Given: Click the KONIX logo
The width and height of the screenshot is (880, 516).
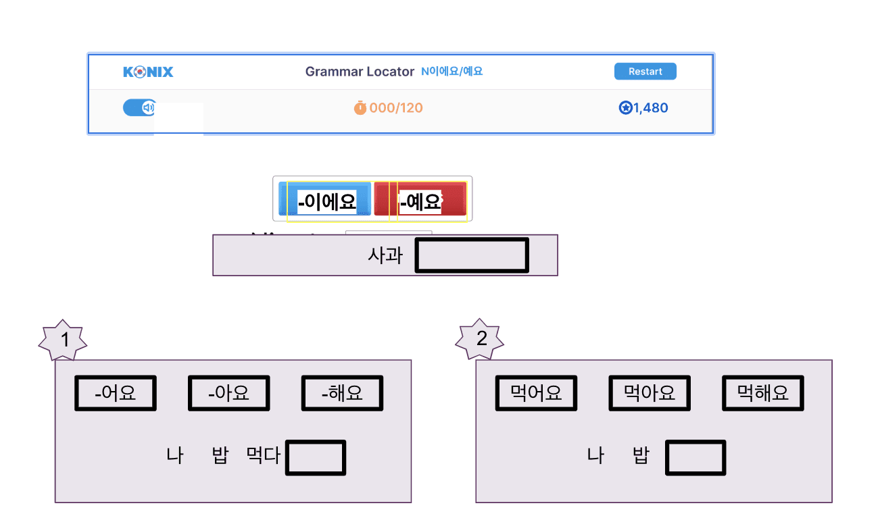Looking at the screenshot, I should (x=148, y=72).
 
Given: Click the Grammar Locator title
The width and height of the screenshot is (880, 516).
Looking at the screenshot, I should (x=360, y=72).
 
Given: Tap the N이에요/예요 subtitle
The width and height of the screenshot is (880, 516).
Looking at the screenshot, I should (x=452, y=72).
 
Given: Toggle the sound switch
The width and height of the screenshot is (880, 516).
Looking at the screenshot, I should (x=139, y=107).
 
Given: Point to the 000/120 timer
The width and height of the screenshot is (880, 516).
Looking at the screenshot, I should (x=389, y=108).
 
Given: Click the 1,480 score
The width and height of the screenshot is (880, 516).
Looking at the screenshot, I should (x=643, y=108).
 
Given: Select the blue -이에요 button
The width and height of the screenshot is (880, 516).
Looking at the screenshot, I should (x=325, y=201).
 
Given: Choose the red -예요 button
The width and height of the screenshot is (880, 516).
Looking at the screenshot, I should (x=421, y=201).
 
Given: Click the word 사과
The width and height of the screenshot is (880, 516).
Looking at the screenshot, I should (x=385, y=255).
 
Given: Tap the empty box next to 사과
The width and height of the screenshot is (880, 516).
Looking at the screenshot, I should (x=471, y=256).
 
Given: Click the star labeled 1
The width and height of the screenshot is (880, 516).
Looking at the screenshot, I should (x=64, y=340).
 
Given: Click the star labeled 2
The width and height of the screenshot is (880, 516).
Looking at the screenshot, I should (x=481, y=340).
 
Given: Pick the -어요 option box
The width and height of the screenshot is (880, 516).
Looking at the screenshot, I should (x=116, y=393).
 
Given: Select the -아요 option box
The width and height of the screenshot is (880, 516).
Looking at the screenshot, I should (x=229, y=393).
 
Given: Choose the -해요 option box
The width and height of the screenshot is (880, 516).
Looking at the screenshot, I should (x=342, y=393).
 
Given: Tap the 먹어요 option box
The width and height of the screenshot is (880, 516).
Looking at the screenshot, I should (x=537, y=393).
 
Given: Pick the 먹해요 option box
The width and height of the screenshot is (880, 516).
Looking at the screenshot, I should (x=763, y=393).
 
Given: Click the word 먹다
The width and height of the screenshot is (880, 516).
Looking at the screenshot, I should (x=264, y=456).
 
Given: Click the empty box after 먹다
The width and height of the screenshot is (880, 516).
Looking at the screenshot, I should (x=316, y=457).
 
